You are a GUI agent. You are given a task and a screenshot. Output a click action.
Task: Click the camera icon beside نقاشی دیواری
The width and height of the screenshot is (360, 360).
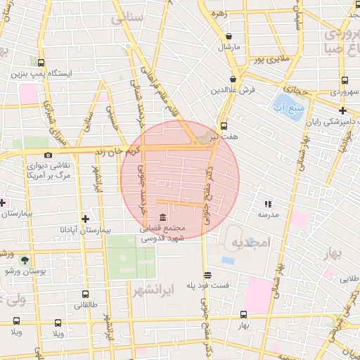[48, 155]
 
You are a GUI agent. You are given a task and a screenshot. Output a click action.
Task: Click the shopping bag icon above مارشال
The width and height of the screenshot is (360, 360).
[229, 36]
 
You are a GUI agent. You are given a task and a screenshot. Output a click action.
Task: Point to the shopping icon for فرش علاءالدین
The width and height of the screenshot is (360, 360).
[232, 79]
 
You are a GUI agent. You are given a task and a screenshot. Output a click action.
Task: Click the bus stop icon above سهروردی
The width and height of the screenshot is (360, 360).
[344, 81]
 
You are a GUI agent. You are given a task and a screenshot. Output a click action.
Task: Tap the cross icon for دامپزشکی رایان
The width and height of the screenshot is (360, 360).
[342, 110]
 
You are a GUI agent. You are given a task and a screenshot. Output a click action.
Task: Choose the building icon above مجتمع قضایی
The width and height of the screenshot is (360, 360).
[162, 217]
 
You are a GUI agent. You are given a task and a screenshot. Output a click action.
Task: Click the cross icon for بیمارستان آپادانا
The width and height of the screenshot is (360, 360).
[85, 219]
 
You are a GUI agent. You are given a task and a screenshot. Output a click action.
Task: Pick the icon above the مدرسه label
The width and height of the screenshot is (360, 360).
[268, 202]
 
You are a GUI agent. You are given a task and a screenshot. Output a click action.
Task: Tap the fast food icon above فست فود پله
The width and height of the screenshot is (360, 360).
[207, 275]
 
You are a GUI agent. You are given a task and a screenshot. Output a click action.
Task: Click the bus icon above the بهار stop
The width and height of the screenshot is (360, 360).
[243, 315]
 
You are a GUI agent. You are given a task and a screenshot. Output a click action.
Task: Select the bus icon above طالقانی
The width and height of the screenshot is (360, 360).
[85, 295]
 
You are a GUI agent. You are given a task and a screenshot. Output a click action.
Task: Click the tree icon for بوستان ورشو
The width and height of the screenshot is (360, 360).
[25, 259]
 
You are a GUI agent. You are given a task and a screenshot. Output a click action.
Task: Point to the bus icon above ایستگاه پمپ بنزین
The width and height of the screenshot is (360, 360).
[41, 63]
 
